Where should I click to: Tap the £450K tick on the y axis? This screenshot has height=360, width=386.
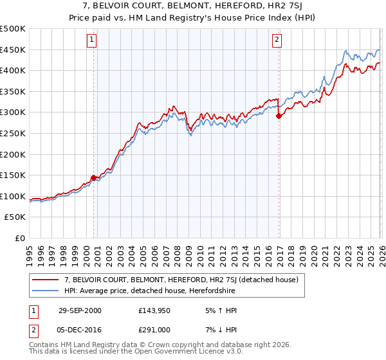pos(13,50)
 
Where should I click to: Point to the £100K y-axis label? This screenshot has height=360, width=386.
pos(13,196)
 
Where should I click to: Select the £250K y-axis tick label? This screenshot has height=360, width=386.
pos(13,133)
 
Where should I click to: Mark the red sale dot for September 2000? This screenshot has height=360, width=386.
pos(93,177)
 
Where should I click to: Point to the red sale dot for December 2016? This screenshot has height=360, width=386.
pos(279,116)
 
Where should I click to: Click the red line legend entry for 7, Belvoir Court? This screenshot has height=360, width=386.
pos(180,280)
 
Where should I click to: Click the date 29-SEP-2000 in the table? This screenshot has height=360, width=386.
pos(80,310)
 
